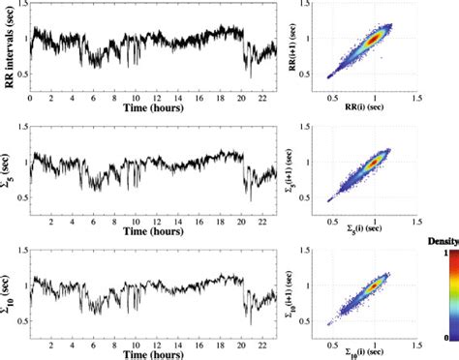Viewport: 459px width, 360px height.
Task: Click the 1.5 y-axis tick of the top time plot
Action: point(20,5)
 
